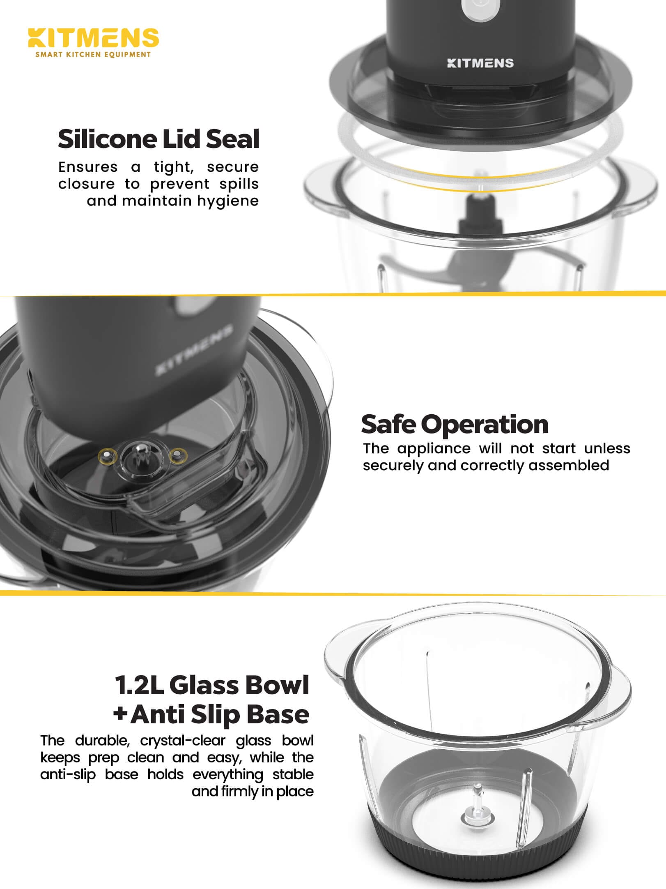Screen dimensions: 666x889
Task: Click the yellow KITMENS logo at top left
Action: [93, 37]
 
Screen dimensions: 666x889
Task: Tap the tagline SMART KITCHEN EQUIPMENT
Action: [93, 54]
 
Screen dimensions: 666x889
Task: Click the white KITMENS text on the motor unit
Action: [480, 63]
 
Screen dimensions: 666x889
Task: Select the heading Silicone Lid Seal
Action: [158, 139]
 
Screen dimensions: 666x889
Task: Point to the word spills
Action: [239, 184]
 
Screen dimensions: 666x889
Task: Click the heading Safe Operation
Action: [455, 424]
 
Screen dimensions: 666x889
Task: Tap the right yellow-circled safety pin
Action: [178, 455]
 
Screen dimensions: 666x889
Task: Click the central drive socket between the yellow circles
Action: [141, 456]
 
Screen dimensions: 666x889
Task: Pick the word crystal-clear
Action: [183, 740]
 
